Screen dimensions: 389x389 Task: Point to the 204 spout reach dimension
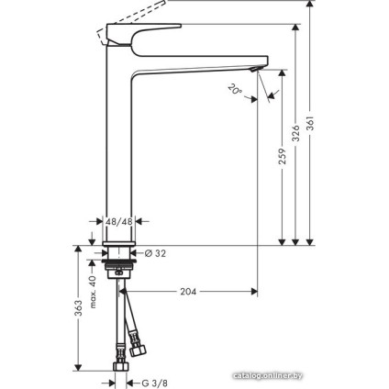point(188,292)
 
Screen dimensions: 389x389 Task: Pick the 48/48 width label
point(119,221)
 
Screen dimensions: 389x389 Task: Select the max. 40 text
point(92,292)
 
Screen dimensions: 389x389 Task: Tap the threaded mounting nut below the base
point(120,272)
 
